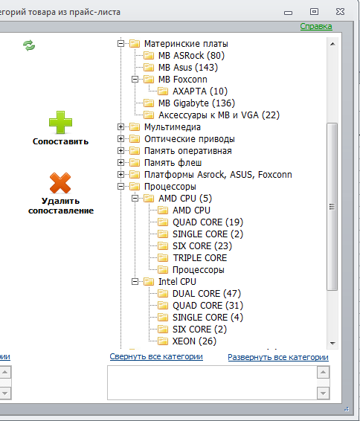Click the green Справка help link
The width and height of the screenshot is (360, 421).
point(316,26)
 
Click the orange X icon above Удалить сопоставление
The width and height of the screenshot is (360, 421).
point(60,183)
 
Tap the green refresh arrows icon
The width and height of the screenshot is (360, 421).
point(29,45)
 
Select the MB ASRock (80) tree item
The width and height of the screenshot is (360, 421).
point(191,56)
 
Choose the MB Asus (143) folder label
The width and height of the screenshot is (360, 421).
point(188,68)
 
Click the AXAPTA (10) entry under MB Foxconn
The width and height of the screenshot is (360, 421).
point(200,91)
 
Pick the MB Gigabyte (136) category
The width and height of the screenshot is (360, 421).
point(196,103)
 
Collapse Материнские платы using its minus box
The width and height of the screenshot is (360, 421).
point(120,43)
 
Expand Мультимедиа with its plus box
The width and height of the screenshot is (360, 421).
point(120,127)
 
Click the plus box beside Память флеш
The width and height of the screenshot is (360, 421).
point(120,163)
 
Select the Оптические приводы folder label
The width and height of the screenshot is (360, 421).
point(190,139)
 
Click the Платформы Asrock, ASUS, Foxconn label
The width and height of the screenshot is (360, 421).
point(218,175)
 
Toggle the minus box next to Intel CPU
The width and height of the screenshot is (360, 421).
point(135,282)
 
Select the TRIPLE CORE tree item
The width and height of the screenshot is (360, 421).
point(200,258)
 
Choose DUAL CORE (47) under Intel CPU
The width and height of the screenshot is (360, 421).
point(207,294)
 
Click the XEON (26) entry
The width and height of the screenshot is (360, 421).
point(194,341)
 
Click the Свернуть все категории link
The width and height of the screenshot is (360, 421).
point(156,356)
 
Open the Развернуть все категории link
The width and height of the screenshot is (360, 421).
point(278,357)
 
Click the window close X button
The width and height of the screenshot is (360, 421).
point(340,12)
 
